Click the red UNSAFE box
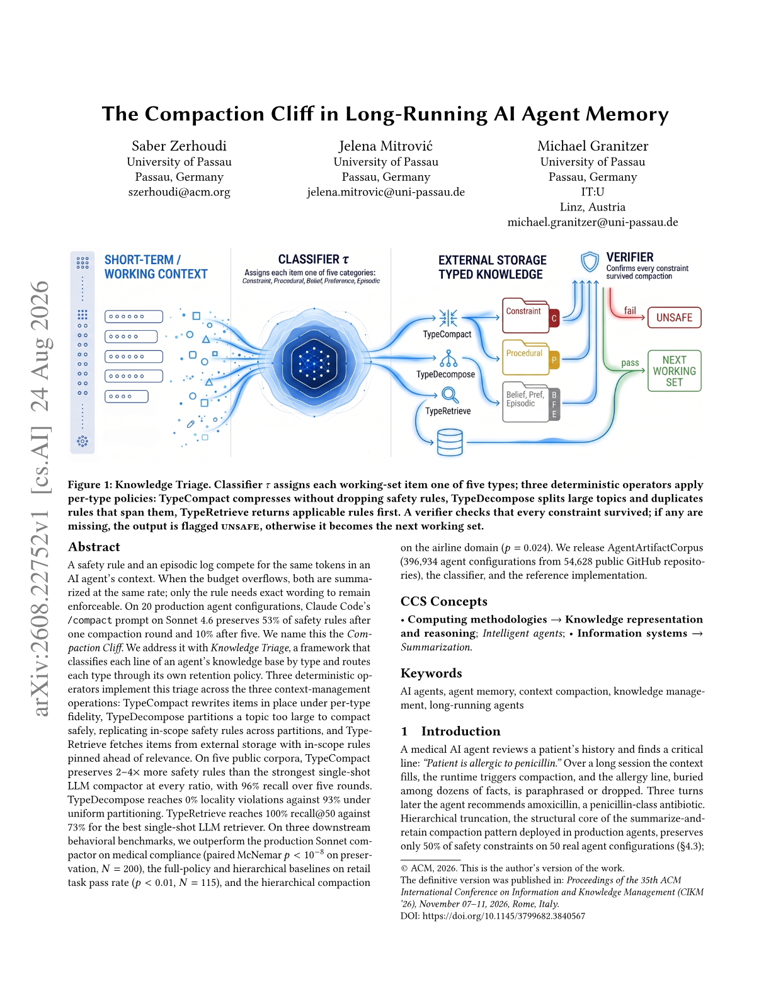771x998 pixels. pyautogui.click(x=673, y=318)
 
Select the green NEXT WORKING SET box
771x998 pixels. pyautogui.click(x=674, y=370)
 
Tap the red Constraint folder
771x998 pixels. pyautogui.click(x=530, y=316)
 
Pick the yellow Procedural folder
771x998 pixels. pyautogui.click(x=530, y=357)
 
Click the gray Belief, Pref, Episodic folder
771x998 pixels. pyautogui.click(x=530, y=402)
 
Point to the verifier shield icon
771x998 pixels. pyautogui.click(x=590, y=261)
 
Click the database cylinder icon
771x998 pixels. pyautogui.click(x=450, y=442)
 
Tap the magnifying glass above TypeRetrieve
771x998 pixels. pyautogui.click(x=450, y=395)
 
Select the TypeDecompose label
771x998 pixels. pyautogui.click(x=445, y=374)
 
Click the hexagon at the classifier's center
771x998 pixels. pyautogui.click(x=314, y=363)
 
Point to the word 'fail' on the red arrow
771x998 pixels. pyautogui.click(x=629, y=311)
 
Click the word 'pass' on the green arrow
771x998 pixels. pyautogui.click(x=629, y=363)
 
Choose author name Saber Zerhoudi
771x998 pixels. pyautogui.click(x=179, y=146)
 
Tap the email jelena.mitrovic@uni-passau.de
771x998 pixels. pyautogui.click(x=385, y=192)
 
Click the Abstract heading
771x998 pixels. pyautogui.click(x=94, y=546)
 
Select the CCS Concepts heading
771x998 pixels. pyautogui.click(x=443, y=601)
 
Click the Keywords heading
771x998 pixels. pyautogui.click(x=431, y=673)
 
